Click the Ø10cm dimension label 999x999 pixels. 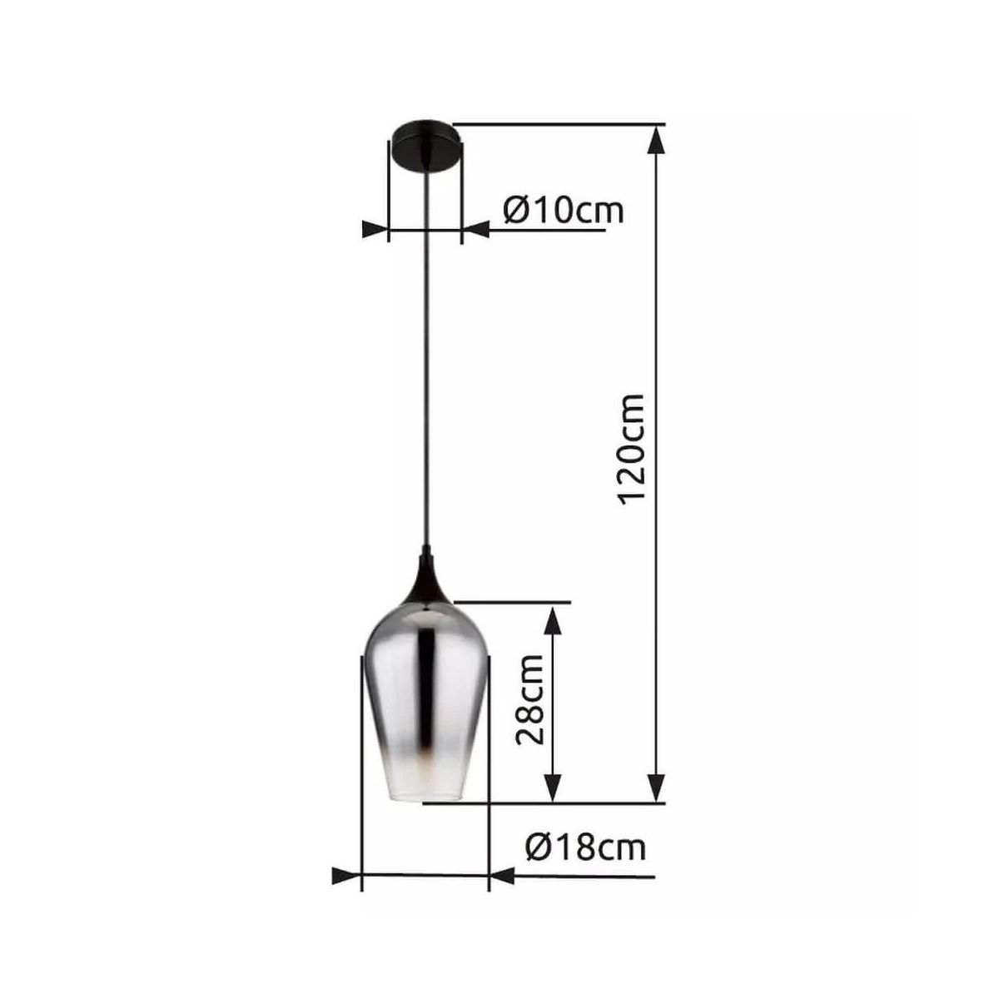563,210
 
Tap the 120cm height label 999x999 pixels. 631,447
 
